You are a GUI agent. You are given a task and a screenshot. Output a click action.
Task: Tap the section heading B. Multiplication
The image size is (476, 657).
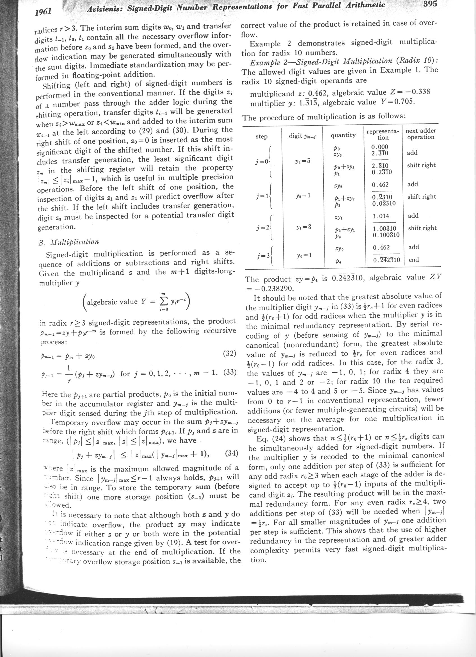[x=68, y=242]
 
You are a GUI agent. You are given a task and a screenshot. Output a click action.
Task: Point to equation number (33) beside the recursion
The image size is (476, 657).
[x=231, y=372]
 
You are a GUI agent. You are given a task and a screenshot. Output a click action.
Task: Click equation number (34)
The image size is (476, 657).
[x=231, y=453]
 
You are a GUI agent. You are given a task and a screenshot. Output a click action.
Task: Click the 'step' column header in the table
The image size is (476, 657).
[x=262, y=137]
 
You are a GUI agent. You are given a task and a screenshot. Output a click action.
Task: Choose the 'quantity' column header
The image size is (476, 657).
[x=343, y=135]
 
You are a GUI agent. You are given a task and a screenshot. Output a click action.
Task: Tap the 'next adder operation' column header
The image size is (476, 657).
[x=421, y=134]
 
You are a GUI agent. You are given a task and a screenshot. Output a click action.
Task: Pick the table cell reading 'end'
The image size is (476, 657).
[x=413, y=260]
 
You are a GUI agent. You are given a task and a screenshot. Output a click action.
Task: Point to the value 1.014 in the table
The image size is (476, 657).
[x=381, y=216]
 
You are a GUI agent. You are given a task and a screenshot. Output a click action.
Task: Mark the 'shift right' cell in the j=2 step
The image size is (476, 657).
[x=422, y=228]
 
